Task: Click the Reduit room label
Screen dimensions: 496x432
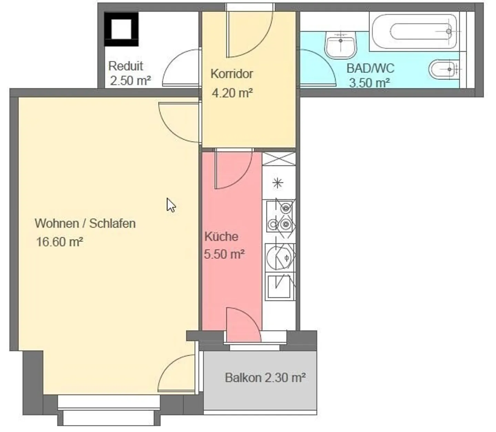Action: (126, 66)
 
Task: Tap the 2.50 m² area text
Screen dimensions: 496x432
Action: (131, 80)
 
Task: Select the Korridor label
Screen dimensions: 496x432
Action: (232, 74)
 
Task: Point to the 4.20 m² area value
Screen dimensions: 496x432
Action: (232, 93)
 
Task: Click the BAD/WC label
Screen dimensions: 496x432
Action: (370, 68)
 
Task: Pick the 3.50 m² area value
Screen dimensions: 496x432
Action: (370, 83)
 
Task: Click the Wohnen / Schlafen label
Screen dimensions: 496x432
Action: (85, 223)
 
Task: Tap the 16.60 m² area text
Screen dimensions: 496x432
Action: (60, 242)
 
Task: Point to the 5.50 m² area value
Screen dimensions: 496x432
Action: (224, 254)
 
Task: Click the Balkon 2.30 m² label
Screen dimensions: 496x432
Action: (265, 378)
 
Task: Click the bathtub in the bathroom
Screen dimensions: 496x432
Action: (414, 31)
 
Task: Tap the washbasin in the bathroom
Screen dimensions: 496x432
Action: (341, 45)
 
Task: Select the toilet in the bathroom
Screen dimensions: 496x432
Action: (444, 70)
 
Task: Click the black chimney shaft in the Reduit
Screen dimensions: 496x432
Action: (122, 29)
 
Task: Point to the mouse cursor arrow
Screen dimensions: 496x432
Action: (171, 205)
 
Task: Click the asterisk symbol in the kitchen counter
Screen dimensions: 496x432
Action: (278, 183)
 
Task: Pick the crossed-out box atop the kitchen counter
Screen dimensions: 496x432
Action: (279, 159)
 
